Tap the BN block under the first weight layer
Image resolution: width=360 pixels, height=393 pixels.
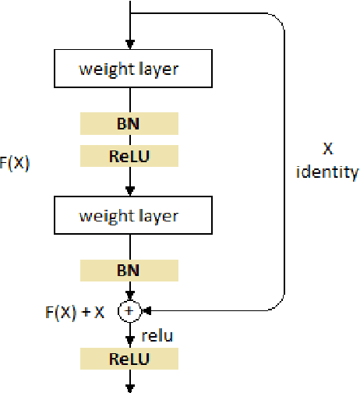129,123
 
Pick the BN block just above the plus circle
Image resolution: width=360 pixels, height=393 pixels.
129,271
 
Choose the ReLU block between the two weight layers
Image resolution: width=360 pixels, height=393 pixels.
129,156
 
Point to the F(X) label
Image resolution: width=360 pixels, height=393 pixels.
14,164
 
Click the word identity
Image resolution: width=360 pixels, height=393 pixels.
327,172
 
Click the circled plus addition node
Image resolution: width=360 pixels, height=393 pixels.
129,311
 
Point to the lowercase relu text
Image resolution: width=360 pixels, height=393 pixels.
158,335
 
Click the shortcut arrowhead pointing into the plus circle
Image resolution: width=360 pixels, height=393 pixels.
144,311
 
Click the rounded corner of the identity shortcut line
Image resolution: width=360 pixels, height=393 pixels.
281,23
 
